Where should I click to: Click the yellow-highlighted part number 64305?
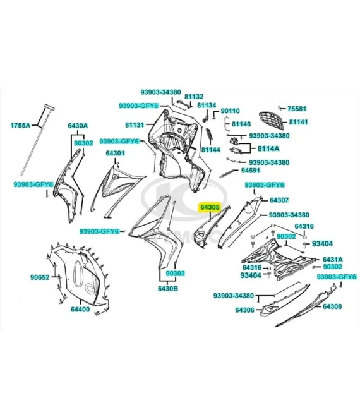click(210, 207)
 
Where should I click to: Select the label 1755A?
click(20, 125)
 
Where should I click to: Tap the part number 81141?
click(298, 122)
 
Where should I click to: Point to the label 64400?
click(80, 310)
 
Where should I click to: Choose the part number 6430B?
click(168, 289)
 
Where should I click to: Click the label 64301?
click(115, 153)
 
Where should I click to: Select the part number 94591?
click(251, 170)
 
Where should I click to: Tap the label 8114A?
click(268, 148)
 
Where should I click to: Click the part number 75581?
click(297, 109)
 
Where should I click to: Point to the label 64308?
click(332, 306)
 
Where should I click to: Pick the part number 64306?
click(244, 310)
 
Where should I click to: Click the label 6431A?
click(333, 259)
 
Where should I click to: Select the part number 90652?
click(40, 277)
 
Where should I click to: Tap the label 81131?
click(135, 124)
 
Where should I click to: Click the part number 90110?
click(231, 111)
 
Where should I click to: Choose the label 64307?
click(279, 200)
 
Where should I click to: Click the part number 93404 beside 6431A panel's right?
click(322, 244)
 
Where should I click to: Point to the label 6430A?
click(78, 126)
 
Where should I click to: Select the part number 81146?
click(241, 124)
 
